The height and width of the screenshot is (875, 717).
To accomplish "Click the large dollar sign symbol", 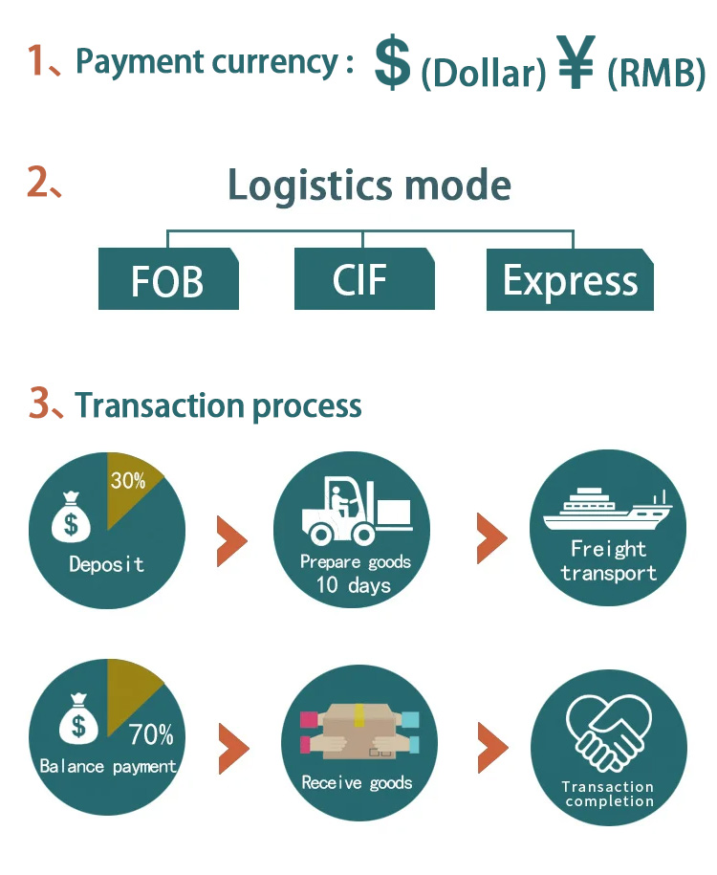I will click(x=392, y=63).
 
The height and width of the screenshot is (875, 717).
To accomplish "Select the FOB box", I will click(x=168, y=279).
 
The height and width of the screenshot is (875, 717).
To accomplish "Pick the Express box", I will click(x=570, y=279).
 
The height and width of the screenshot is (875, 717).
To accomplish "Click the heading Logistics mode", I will click(x=369, y=185).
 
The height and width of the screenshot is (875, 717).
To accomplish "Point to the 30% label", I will click(x=128, y=481).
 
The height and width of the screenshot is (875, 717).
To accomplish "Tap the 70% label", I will click(x=151, y=734).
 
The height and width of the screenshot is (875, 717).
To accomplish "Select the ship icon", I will click(x=606, y=512).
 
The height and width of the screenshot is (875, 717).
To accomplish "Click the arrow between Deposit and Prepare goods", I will click(x=231, y=540).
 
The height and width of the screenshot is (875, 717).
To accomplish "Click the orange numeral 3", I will click(x=39, y=405).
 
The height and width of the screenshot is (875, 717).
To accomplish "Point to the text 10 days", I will click(x=354, y=585).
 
